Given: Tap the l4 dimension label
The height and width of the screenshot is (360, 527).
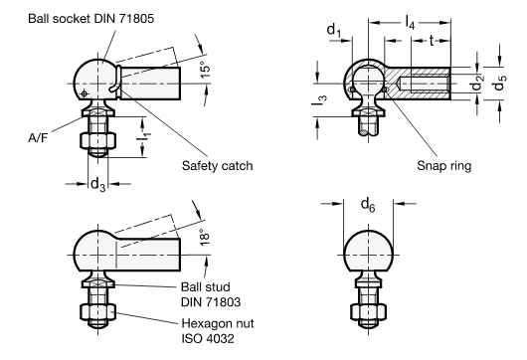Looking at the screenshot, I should click(x=411, y=20).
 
